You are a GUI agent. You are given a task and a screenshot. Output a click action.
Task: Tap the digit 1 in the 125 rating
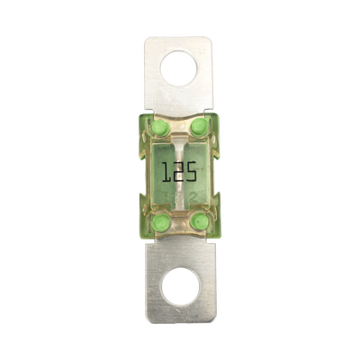166,170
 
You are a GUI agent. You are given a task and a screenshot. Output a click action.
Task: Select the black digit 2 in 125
178,170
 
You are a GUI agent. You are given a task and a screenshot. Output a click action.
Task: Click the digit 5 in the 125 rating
192,170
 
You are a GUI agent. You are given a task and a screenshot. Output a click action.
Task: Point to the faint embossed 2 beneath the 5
192,193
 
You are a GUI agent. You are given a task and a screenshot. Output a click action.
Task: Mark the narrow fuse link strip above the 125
179,143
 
